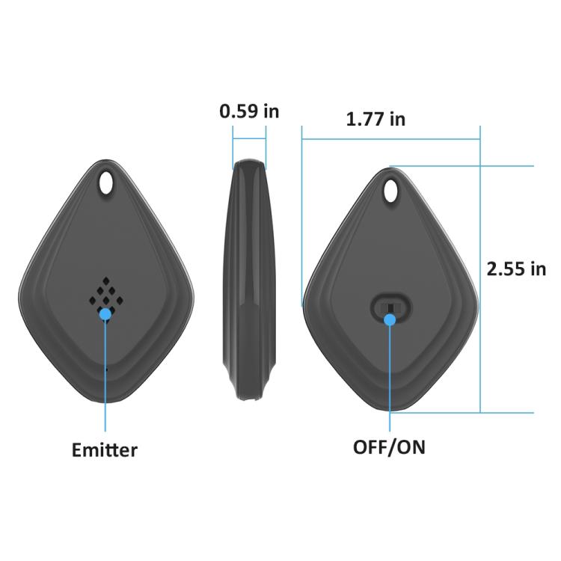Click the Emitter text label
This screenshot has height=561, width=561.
pos(105,450)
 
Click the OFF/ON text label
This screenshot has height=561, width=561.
pos(389,447)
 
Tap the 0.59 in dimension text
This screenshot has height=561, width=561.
pos(249,111)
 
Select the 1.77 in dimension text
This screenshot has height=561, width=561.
pos(375,118)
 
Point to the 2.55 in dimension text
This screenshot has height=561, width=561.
pos(516,269)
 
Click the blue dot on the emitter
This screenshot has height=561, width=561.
pos(105,314)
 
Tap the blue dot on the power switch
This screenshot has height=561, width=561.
pos(390,320)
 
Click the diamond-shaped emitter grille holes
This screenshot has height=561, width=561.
pos(105,292)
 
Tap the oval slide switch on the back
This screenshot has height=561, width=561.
pos(390,307)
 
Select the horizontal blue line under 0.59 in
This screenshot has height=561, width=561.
pos(249,138)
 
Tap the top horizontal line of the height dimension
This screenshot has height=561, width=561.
pos(464,166)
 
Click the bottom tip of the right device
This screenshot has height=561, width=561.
pos(390,410)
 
